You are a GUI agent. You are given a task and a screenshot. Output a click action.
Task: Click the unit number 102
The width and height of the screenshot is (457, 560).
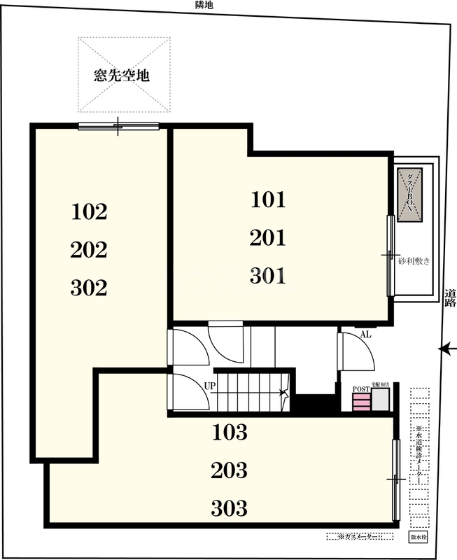89,211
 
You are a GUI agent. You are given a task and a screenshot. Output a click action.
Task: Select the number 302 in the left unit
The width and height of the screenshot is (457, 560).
89,287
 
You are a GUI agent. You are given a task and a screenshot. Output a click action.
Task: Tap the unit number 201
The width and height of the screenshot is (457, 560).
268,238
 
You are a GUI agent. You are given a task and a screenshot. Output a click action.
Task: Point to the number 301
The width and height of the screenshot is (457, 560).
268,276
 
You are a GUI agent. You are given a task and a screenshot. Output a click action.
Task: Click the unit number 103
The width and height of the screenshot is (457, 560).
230,432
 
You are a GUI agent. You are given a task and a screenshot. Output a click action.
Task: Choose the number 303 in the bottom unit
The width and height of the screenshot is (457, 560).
230,507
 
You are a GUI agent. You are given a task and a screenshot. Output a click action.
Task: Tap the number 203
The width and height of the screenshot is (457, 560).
230,470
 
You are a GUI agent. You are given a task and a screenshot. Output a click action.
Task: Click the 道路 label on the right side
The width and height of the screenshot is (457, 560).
450,298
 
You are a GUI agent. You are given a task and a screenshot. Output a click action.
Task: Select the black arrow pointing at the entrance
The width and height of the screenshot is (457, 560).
446,348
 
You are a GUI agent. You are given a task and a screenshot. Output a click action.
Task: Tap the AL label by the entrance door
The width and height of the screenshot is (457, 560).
365,335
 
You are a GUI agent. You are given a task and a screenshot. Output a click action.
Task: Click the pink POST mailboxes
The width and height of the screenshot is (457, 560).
360,402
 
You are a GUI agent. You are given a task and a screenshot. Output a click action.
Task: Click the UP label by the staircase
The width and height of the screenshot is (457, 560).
209,386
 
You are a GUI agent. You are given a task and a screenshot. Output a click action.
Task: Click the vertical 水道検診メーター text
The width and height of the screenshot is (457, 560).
419,455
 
